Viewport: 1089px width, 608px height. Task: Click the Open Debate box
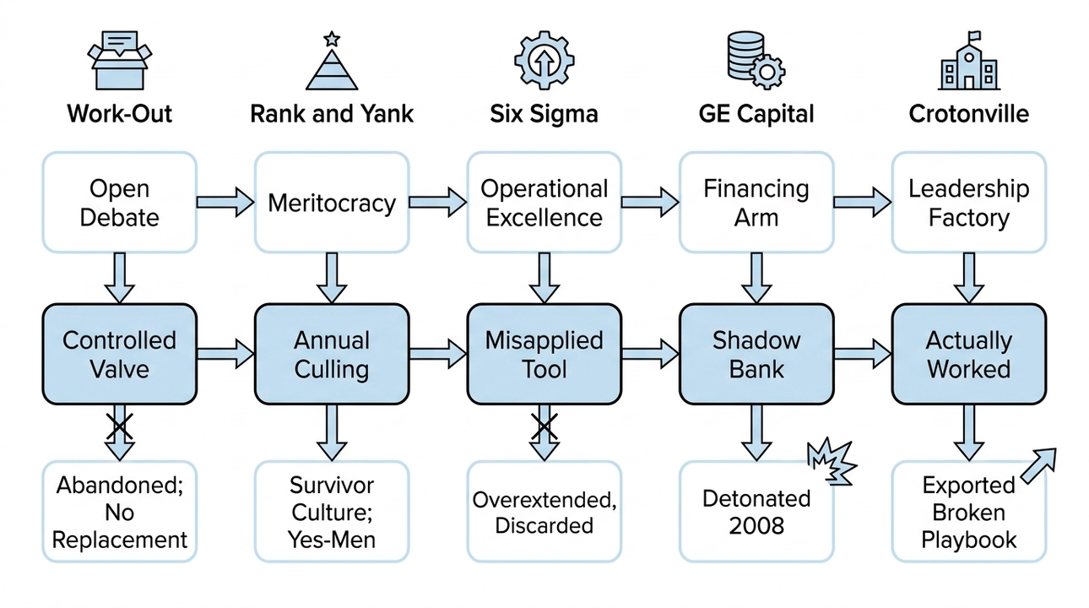[119, 203]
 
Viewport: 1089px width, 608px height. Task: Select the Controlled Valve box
[119, 355]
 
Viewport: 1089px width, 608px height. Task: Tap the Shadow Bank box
[756, 355]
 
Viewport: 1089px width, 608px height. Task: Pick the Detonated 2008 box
[756, 512]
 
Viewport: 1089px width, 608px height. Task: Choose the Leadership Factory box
[968, 203]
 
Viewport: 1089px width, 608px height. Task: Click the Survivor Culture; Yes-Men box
[331, 512]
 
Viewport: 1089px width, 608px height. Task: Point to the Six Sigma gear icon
[544, 61]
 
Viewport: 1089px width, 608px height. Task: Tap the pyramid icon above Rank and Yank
[331, 62]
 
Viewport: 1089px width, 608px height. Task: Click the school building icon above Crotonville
[968, 62]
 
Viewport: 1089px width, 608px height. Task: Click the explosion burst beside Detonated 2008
[832, 461]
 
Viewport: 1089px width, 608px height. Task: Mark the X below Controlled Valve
[119, 426]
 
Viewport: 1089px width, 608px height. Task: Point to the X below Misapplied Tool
[544, 426]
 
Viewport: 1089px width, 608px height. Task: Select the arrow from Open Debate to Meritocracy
[225, 203]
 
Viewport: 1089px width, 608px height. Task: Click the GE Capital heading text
[756, 114]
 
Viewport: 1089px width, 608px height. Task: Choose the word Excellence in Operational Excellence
[544, 218]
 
